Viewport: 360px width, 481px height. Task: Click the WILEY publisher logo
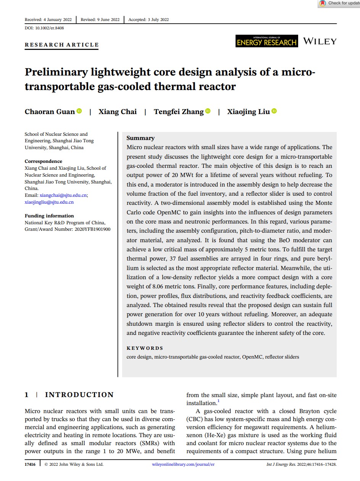pyautogui.click(x=320, y=41)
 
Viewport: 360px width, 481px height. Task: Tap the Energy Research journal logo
pyautogui.click(x=267, y=41)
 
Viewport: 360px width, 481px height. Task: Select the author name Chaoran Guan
pyautogui.click(x=50, y=111)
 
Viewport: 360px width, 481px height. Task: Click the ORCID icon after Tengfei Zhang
pyautogui.click(x=208, y=111)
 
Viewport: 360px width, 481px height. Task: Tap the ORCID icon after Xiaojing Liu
pyautogui.click(x=274, y=111)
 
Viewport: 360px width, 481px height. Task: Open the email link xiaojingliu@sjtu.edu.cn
pyautogui.click(x=49, y=202)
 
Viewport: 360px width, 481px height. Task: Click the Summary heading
pyautogui.click(x=140, y=138)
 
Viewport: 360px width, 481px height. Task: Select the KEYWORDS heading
pyautogui.click(x=145, y=348)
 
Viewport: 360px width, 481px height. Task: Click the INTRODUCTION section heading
pyautogui.click(x=79, y=395)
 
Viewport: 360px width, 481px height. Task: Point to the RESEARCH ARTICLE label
pyautogui.click(x=62, y=45)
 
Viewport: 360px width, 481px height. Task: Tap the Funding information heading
pyautogui.click(x=49, y=216)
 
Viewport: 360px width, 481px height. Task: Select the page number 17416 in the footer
pyautogui.click(x=30, y=464)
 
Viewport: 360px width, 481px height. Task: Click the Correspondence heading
pyautogui.click(x=44, y=161)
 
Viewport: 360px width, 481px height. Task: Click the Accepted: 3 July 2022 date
pyautogui.click(x=149, y=19)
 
